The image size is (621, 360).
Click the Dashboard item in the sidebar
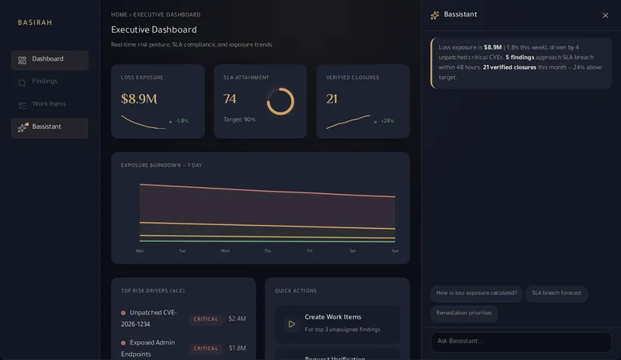[49, 60]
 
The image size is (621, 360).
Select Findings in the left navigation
[45, 81]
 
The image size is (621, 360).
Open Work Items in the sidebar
[49, 104]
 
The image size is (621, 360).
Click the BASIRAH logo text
[35, 22]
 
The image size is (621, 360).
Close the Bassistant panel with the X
[605, 16]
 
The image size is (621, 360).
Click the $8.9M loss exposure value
[139, 99]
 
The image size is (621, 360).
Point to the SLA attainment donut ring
[280, 102]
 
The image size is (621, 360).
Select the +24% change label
[387, 121]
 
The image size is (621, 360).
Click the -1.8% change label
[182, 121]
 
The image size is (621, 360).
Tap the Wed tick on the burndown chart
[225, 251]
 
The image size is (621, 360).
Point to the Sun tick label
[395, 251]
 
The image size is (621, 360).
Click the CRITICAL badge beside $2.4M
[206, 319]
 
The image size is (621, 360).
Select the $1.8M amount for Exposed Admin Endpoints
[238, 348]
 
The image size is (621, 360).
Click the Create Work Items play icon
[292, 324]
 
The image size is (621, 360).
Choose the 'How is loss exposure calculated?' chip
[477, 293]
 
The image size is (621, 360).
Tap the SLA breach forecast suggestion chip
[557, 293]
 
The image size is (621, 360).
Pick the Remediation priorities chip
[464, 313]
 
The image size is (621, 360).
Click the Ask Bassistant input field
[521, 341]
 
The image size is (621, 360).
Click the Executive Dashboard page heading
[154, 29]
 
